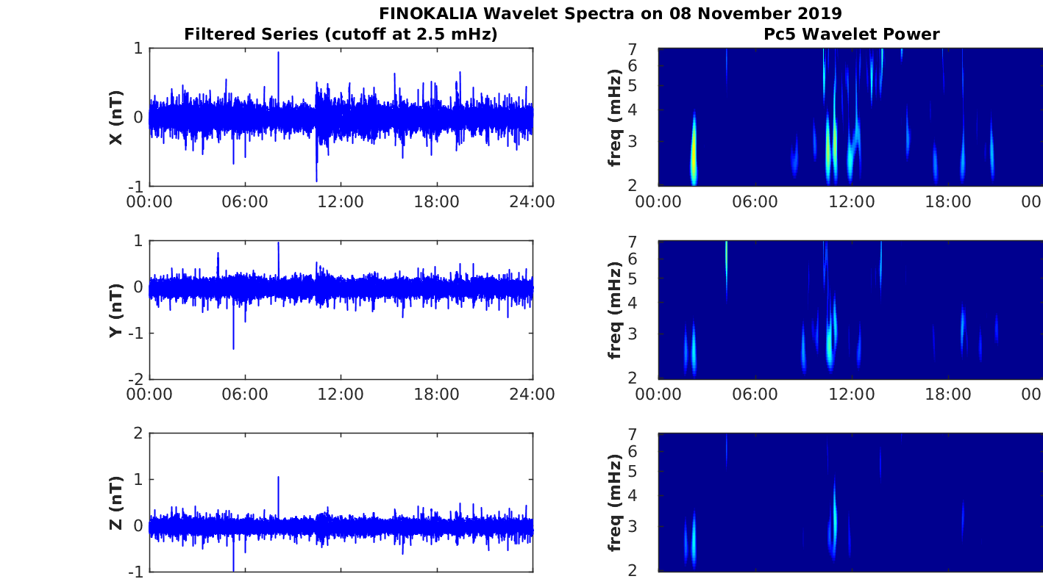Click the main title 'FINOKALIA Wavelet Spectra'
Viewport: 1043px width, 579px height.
[611, 13]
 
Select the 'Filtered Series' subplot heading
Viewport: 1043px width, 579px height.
[341, 34]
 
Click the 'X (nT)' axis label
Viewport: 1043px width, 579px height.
[115, 118]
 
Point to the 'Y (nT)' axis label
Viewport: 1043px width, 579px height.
[115, 310]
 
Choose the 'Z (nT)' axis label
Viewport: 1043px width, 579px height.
[115, 503]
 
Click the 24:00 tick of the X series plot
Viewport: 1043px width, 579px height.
[532, 202]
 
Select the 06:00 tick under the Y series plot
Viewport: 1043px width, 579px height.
[245, 395]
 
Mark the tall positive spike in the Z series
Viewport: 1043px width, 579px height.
[278, 478]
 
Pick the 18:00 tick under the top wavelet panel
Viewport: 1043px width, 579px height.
[948, 202]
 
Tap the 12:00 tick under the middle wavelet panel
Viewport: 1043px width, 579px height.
[852, 395]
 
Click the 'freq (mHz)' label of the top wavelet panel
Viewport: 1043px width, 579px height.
[616, 118]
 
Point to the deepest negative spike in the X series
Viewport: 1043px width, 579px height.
[316, 179]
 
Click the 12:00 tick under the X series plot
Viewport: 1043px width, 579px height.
[341, 202]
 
